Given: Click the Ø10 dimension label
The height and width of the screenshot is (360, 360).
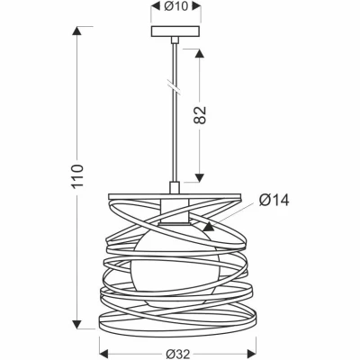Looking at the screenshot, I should [175, 8].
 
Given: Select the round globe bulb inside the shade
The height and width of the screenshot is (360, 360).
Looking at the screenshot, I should [175, 260].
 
